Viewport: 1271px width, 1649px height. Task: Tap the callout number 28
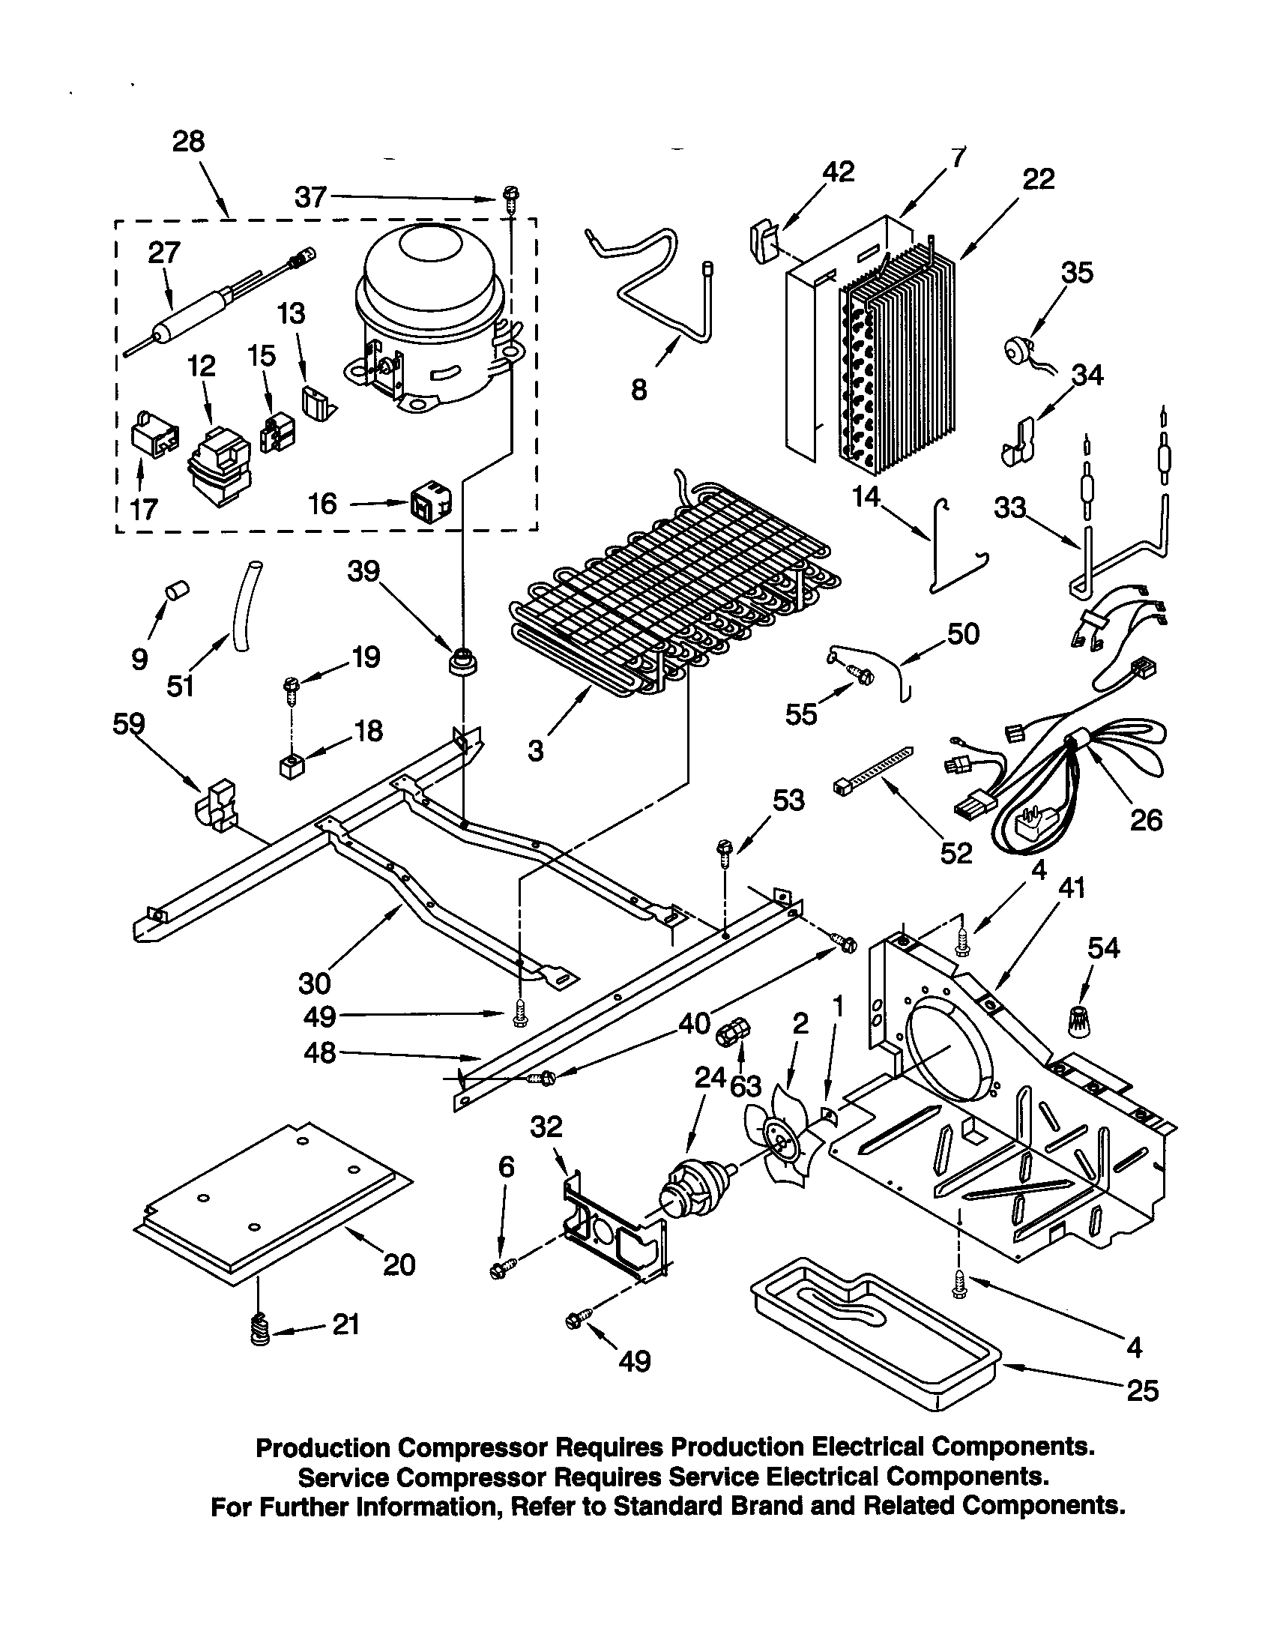pos(188,141)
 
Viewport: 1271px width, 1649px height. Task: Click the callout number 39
pos(363,572)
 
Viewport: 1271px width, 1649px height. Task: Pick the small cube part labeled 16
pos(431,503)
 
